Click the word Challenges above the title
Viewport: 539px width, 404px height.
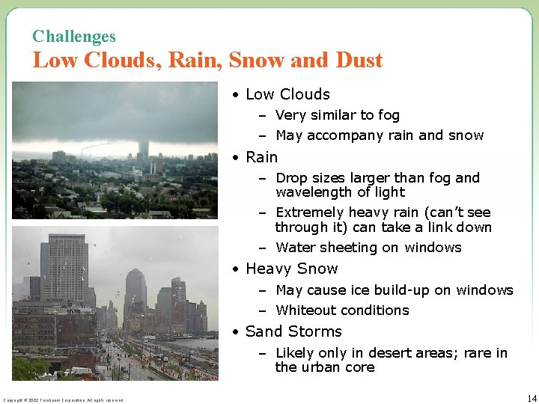(74, 36)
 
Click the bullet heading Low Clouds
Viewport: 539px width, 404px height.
(287, 94)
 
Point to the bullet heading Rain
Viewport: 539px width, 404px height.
(261, 157)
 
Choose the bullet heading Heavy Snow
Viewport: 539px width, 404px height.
(291, 269)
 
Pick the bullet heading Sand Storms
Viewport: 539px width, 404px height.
(293, 331)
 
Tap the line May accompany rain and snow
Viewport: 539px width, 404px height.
(380, 135)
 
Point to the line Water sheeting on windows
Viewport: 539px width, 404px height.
(368, 248)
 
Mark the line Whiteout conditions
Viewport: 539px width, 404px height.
(342, 310)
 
